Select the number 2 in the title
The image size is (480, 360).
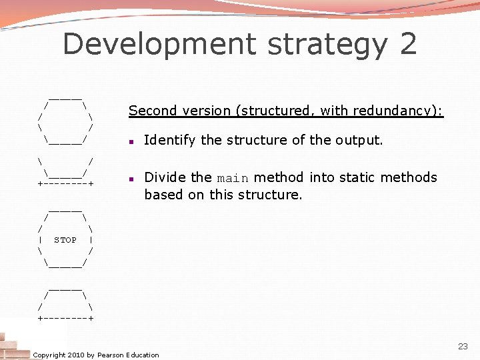[409, 44]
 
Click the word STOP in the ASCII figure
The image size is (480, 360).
[65, 240]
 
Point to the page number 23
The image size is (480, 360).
[463, 347]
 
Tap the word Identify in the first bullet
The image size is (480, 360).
[170, 141]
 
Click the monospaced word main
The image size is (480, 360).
[233, 178]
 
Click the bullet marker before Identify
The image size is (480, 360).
[133, 141]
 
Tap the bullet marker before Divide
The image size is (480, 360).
[133, 179]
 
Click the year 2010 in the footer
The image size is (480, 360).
[77, 355]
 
